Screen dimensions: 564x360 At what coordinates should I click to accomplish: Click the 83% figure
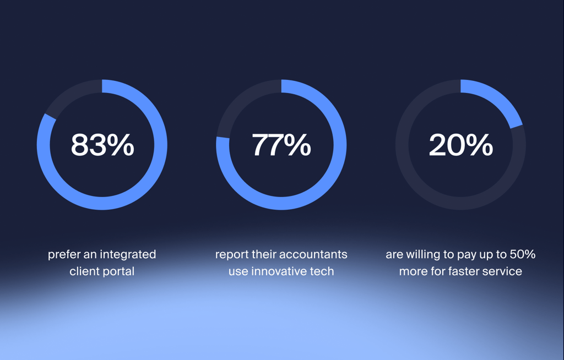pos(102,145)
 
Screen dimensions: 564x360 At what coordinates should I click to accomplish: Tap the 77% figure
pos(281,145)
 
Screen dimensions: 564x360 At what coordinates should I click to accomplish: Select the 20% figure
pos(461,145)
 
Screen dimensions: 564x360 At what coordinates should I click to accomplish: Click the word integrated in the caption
pos(128,255)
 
